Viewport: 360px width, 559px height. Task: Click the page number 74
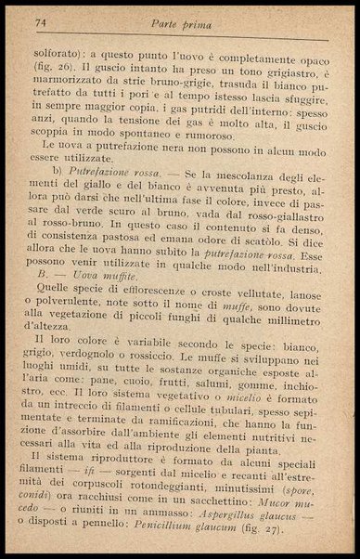pyautogui.click(x=39, y=19)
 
